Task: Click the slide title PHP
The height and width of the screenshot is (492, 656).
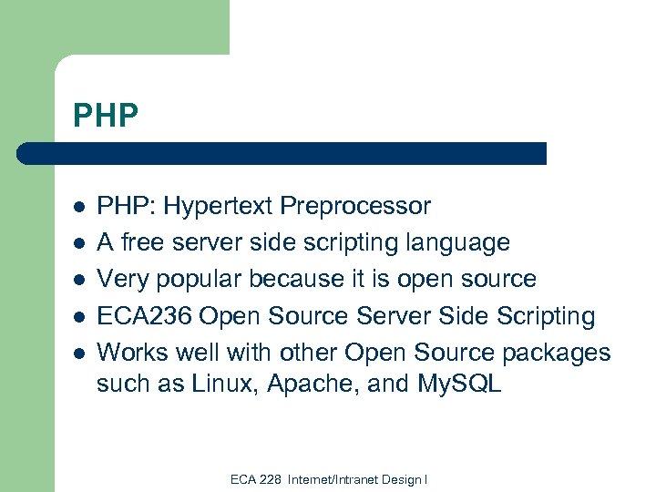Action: [x=107, y=116]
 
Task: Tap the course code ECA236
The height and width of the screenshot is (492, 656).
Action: [x=144, y=316]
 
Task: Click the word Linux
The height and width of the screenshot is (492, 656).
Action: [x=225, y=384]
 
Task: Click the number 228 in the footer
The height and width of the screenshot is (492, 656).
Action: [x=271, y=479]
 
